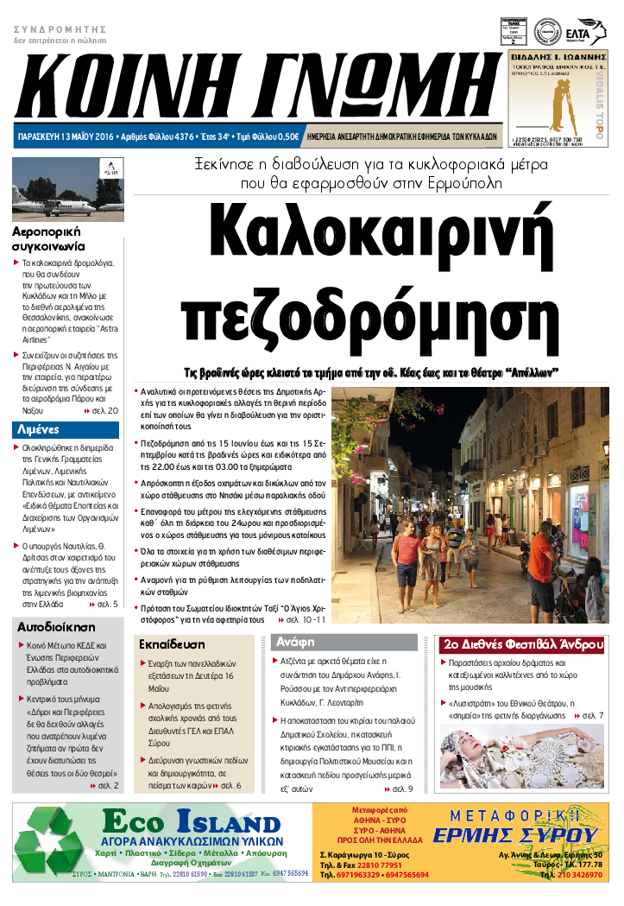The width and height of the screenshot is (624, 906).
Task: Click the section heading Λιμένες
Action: click(x=37, y=428)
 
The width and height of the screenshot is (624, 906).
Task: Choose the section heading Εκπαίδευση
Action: click(x=173, y=644)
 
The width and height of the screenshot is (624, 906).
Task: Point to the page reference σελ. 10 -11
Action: click(x=306, y=620)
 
